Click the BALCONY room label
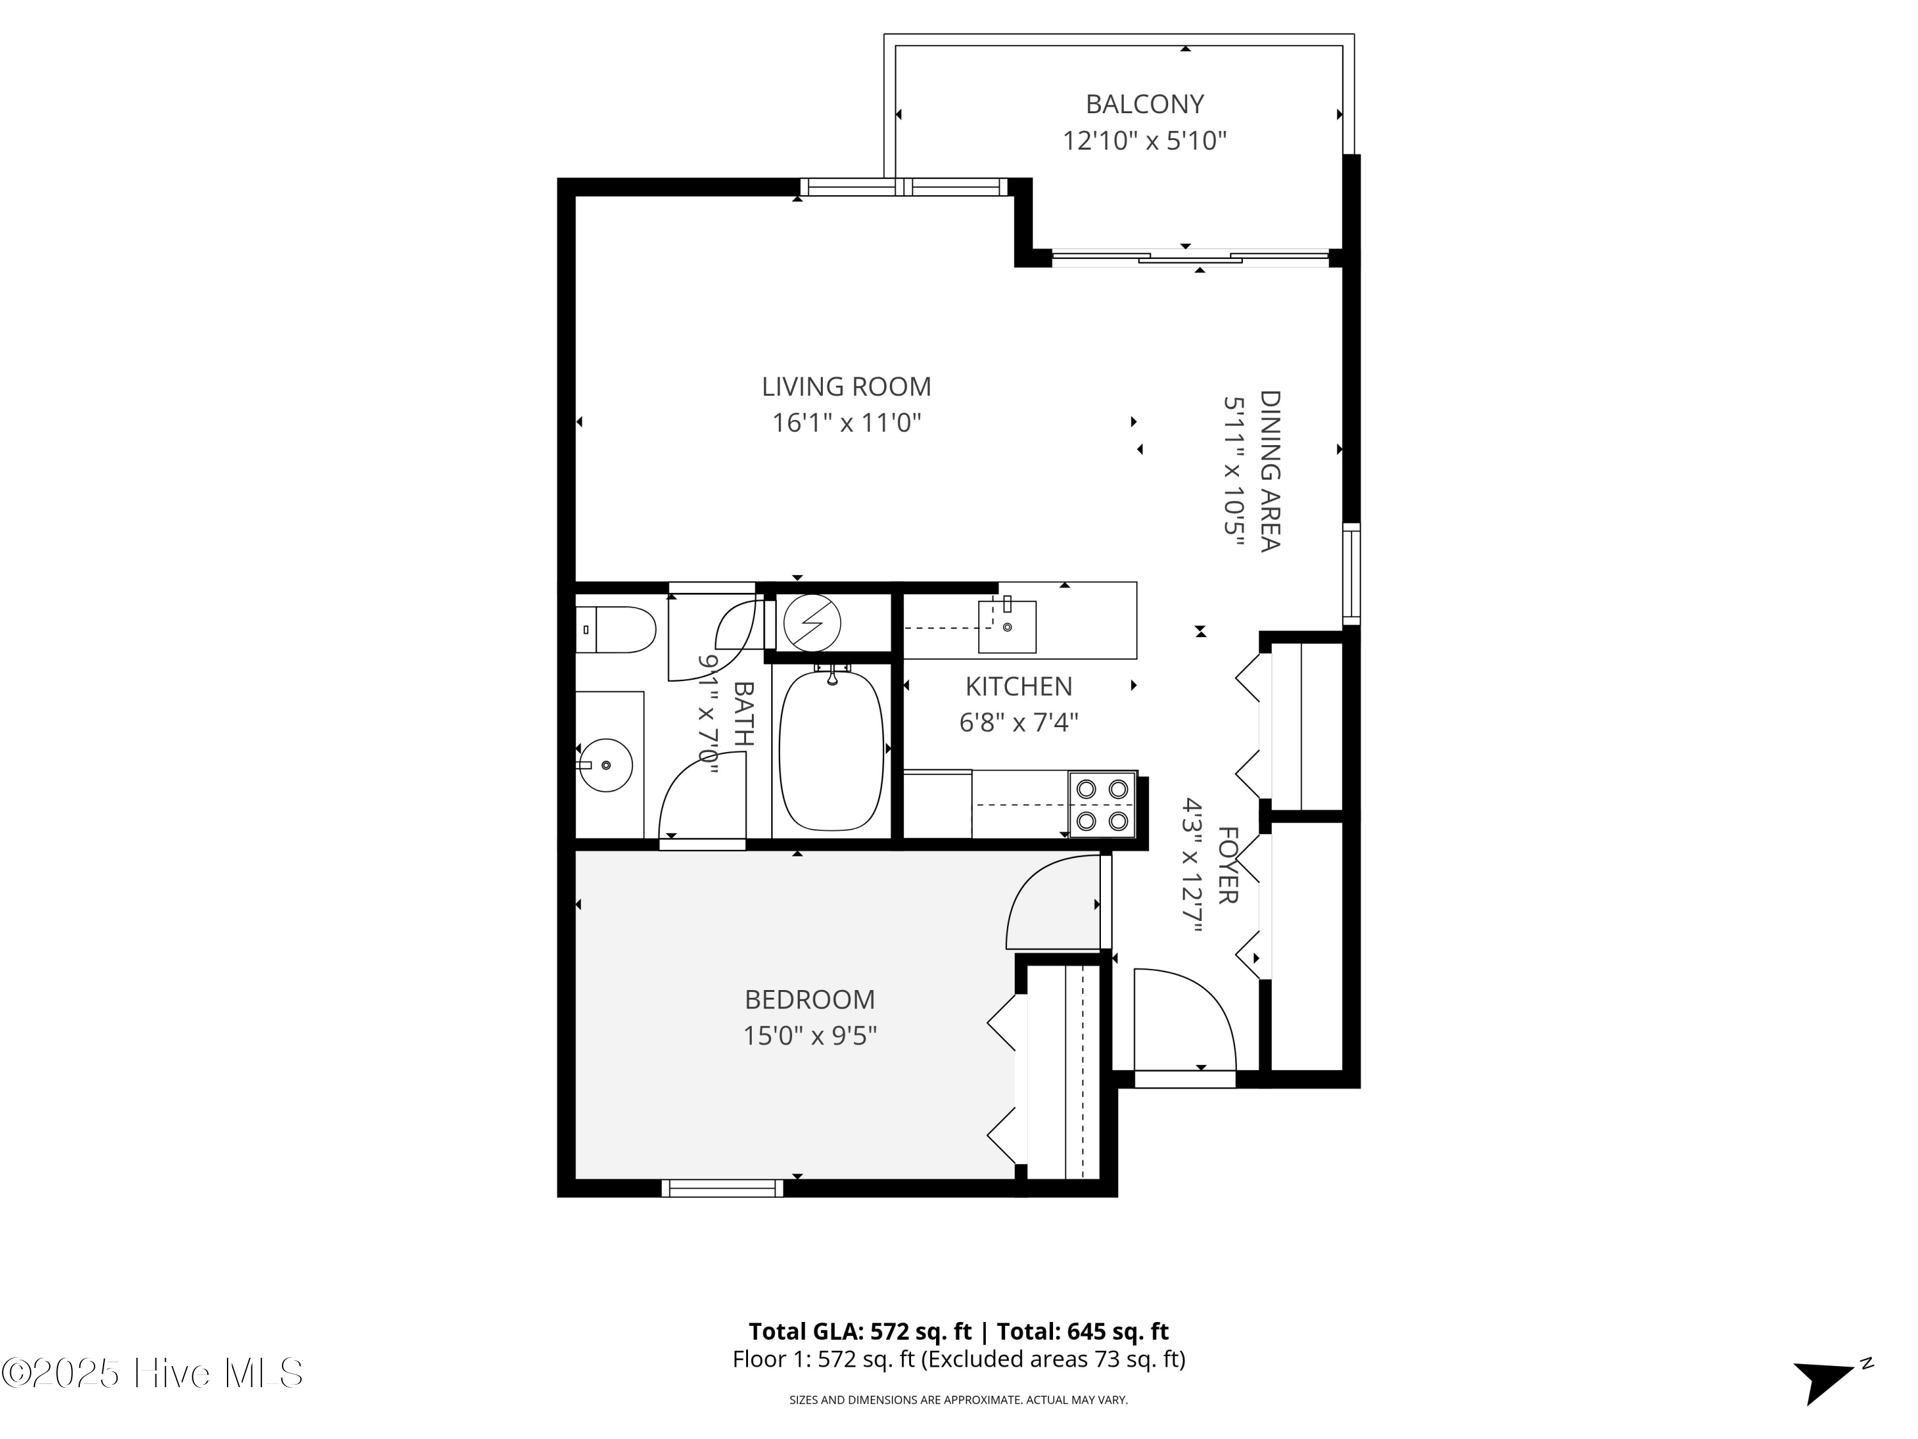click(1144, 104)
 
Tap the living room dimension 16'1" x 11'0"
click(846, 423)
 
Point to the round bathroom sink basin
click(605, 764)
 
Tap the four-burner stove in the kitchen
click(1102, 804)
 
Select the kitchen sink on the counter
click(1007, 626)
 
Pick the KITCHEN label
click(1019, 686)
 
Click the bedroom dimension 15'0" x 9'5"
click(810, 1035)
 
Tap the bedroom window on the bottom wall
click(722, 1188)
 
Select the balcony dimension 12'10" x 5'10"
click(1144, 141)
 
